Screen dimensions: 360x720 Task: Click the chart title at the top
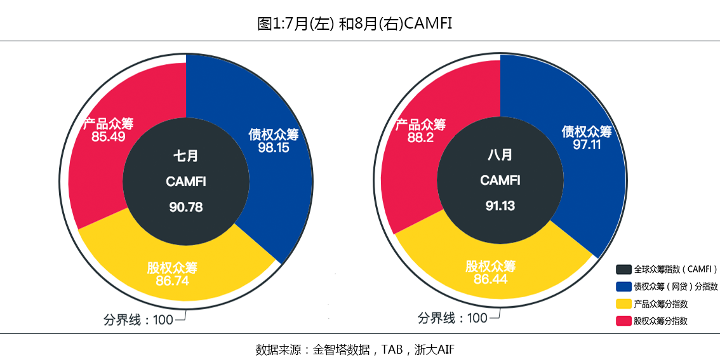pos(355,23)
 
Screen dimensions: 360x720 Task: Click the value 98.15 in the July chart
pos(274,147)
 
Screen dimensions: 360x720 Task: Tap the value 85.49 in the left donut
pos(108,137)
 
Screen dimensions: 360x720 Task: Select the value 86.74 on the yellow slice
pos(172,281)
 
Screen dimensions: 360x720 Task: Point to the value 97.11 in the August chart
pos(587,145)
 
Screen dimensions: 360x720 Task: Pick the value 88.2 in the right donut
pos(420,137)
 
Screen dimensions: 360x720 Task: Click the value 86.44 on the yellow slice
pos(490,279)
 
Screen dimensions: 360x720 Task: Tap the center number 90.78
pos(186,207)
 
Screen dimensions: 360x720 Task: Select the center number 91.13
pos(500,206)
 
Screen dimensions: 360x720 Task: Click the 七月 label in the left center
pos(186,156)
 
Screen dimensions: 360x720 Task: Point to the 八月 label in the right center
pos(500,154)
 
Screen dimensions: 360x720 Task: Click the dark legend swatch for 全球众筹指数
pos(623,269)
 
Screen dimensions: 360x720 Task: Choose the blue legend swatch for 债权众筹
pos(623,286)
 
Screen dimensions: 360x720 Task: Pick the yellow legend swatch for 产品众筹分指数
pos(623,304)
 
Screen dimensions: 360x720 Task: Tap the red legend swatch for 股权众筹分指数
pos(623,321)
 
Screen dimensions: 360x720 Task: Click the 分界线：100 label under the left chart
pos(138,319)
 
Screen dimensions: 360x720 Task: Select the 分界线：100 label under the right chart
pos(452,318)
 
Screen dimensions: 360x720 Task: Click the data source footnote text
pos(355,349)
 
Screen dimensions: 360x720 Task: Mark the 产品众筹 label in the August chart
pos(420,124)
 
